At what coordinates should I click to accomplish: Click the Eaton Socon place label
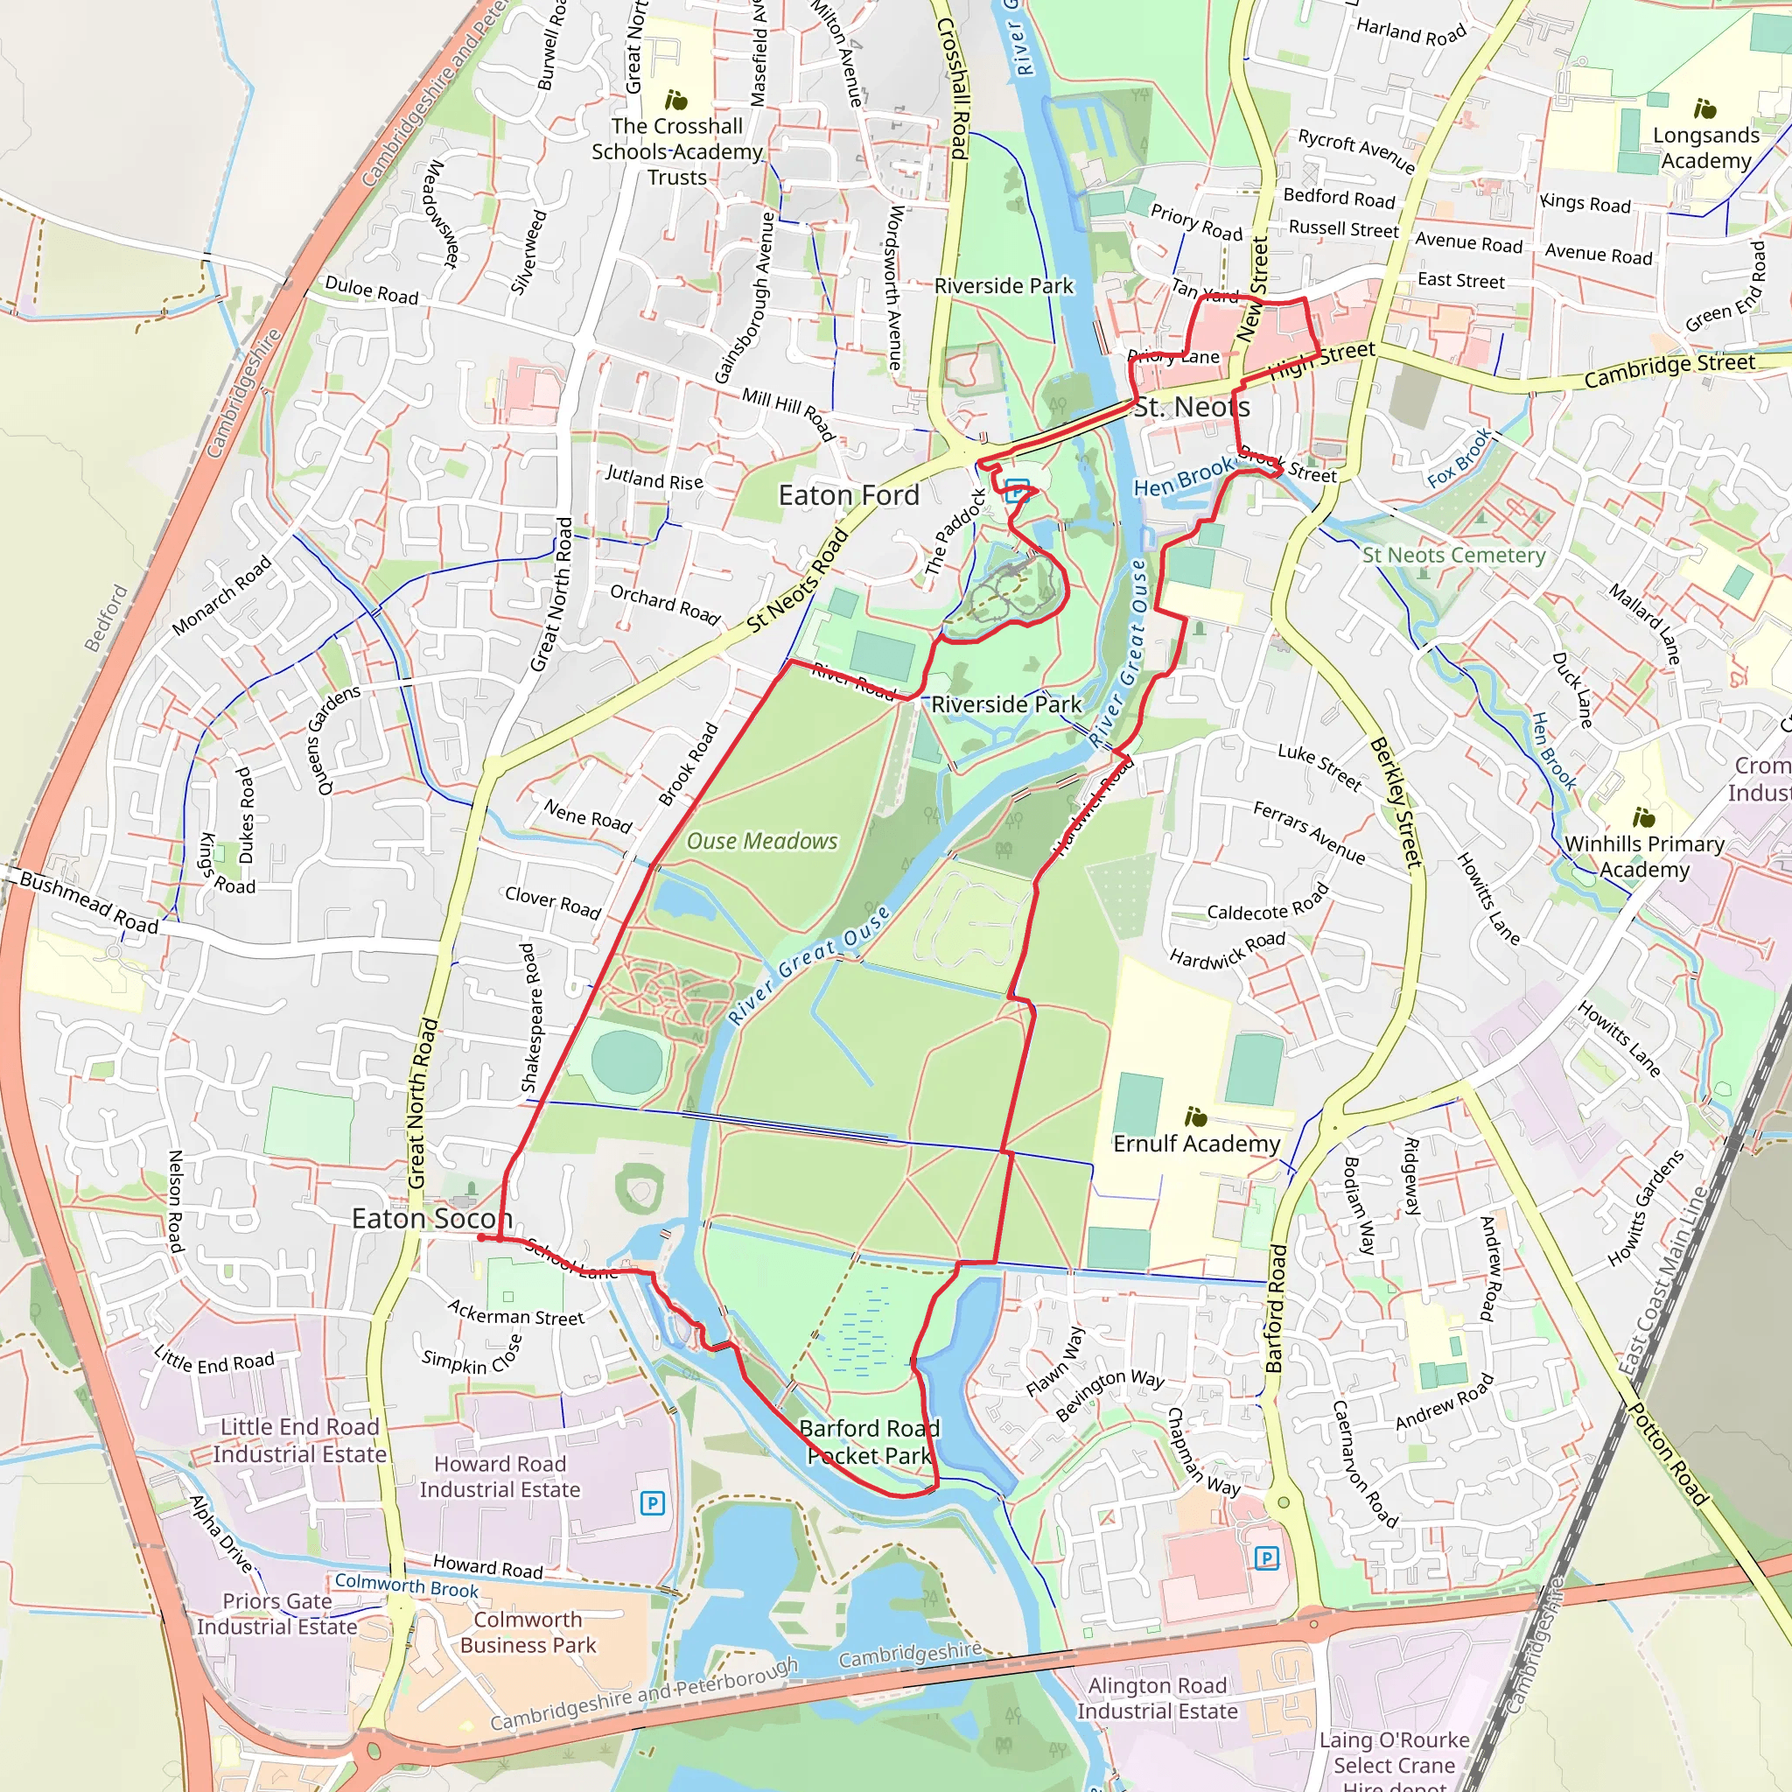tap(431, 1218)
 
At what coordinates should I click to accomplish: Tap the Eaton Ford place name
tap(848, 495)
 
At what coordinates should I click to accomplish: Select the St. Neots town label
tap(1191, 406)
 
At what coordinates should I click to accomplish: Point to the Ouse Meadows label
tap(761, 841)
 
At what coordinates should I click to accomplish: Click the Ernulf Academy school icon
tap(1195, 1116)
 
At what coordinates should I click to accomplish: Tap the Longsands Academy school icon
tap(1704, 108)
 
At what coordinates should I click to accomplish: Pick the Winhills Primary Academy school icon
tap(1643, 817)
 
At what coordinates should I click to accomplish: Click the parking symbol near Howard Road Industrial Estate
tap(652, 1502)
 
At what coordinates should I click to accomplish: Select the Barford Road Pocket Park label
tap(868, 1441)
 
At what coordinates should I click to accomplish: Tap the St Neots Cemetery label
tap(1452, 555)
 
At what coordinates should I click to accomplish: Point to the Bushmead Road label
tap(88, 901)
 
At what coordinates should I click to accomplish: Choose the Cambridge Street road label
tap(1669, 369)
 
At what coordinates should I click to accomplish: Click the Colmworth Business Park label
tap(528, 1632)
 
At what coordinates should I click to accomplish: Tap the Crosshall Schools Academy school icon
tap(676, 99)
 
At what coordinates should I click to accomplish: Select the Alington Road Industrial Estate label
tap(1157, 1697)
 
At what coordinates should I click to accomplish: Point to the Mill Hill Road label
tap(788, 413)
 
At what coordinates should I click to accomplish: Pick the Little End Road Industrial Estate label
tap(298, 1439)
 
